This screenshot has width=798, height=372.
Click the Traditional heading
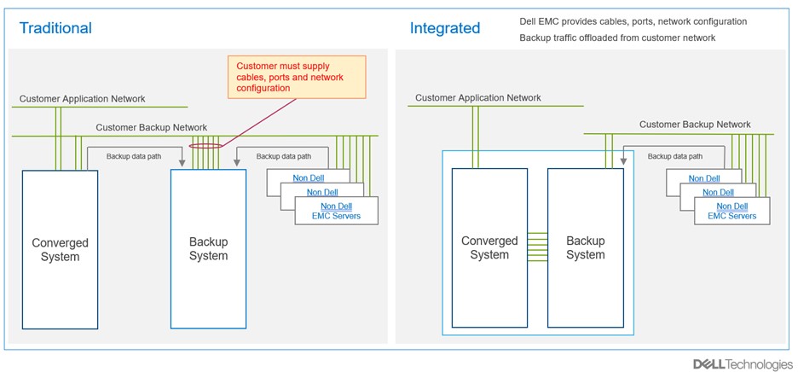pos(55,28)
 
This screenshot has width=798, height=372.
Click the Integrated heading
pos(445,28)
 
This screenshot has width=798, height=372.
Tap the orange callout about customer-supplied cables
pos(296,77)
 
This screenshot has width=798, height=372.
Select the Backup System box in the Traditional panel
pos(208,248)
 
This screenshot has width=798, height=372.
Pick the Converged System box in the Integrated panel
pos(489,247)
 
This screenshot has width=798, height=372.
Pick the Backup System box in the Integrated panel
pos(586,247)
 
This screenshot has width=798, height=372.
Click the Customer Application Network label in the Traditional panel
pos(83,100)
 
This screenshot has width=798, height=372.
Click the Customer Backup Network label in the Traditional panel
pos(151,128)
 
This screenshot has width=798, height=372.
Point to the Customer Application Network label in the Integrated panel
pos(478,98)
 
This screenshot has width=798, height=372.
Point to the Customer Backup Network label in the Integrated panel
pos(695,125)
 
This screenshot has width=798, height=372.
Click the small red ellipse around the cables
pos(204,145)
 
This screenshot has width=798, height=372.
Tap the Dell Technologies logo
pos(742,364)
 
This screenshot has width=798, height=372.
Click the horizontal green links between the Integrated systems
pos(537,247)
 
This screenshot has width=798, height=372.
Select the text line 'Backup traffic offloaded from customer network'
pos(617,38)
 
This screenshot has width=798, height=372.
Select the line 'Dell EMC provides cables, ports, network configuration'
pos(633,21)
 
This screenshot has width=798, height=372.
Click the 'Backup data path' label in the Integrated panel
pos(675,157)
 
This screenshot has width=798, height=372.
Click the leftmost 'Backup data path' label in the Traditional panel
pos(134,157)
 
